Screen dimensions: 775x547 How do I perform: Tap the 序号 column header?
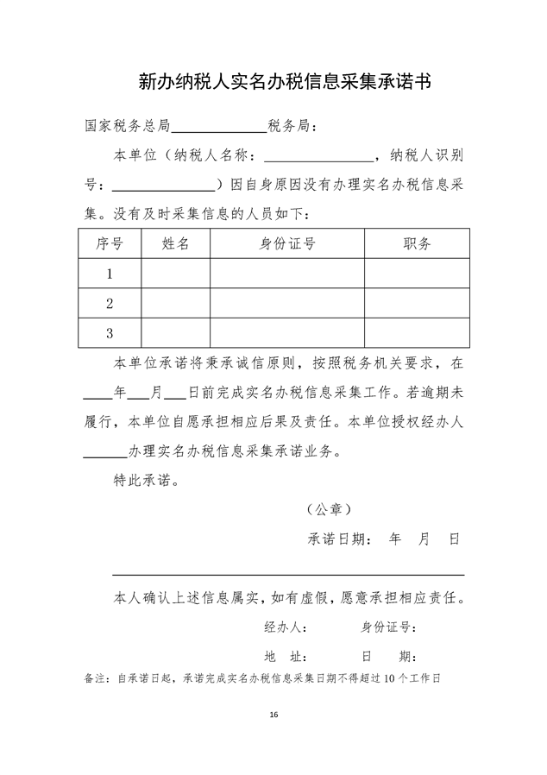(110, 243)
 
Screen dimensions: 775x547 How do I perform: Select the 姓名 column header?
(176, 243)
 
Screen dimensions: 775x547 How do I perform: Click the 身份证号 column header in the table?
(287, 243)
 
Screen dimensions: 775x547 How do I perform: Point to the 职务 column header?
(418, 243)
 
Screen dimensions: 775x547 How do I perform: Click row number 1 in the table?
(110, 274)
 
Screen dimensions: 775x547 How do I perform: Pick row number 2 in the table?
(110, 303)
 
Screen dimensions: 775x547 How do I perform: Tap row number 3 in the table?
(110, 332)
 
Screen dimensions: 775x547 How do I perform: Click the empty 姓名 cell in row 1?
(176, 274)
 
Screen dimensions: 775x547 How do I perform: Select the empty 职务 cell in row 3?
(418, 332)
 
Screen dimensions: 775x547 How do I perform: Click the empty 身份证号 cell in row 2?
(287, 303)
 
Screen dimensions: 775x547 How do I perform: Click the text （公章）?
(330, 510)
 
